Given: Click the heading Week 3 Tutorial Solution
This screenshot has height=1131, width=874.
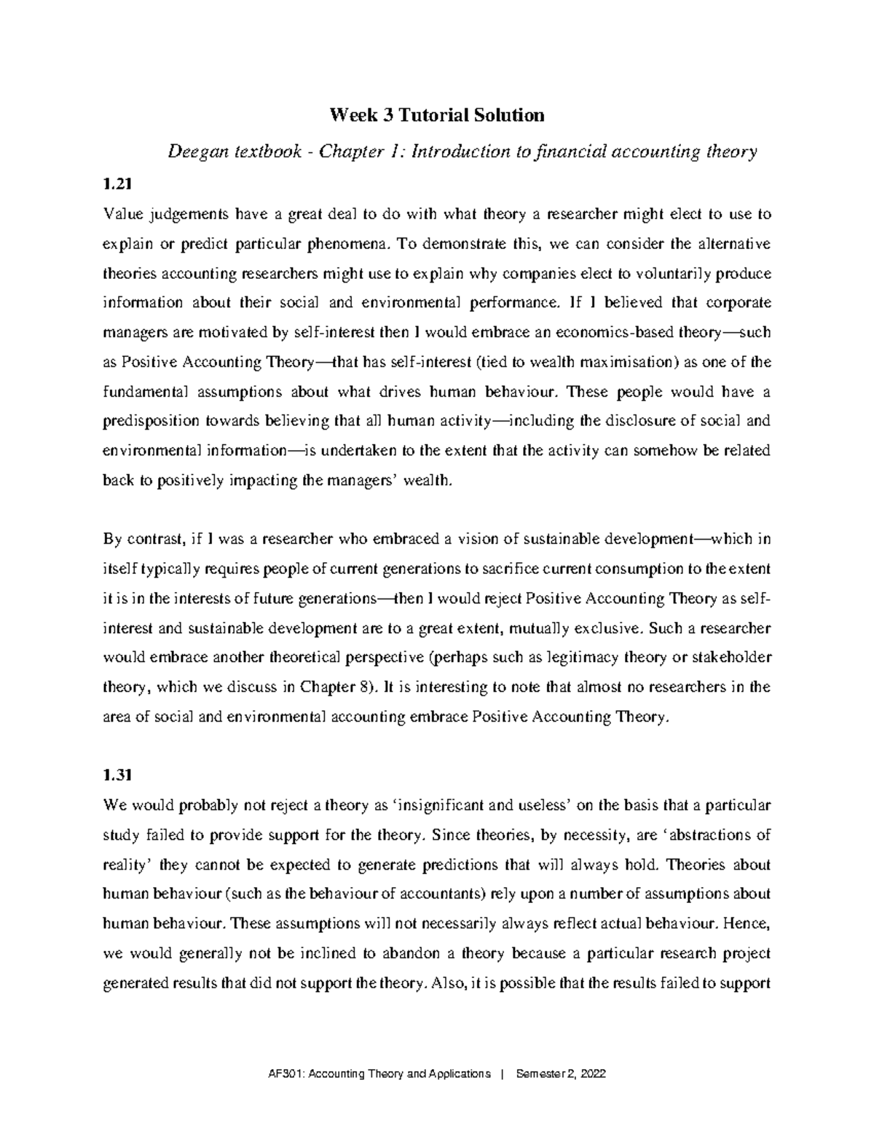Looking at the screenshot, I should pos(437,115).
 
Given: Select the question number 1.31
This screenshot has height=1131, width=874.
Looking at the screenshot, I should pos(117,776).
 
